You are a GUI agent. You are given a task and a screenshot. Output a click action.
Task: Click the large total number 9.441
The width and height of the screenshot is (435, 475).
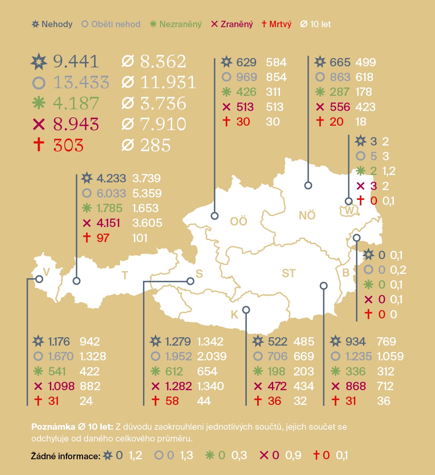pyautogui.click(x=76, y=61)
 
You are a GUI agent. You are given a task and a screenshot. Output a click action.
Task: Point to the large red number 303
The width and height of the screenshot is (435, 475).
pyautogui.click(x=68, y=145)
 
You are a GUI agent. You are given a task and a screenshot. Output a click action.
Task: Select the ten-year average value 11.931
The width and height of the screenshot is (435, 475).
pyautogui.click(x=168, y=82)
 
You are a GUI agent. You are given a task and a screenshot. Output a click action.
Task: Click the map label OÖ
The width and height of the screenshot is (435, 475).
pyautogui.click(x=238, y=221)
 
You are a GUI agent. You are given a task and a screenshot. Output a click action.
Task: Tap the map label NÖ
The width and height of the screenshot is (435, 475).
pyautogui.click(x=307, y=216)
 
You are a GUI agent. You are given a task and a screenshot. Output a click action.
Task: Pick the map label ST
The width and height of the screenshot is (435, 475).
pyautogui.click(x=289, y=274)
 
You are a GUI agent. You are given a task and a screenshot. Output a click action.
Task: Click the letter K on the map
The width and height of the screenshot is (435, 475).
pyautogui.click(x=234, y=314)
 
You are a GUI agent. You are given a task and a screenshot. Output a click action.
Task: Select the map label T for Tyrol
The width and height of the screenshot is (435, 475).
pyautogui.click(x=125, y=276)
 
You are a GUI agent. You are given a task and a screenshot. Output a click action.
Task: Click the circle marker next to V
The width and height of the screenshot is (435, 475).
pyautogui.click(x=39, y=279)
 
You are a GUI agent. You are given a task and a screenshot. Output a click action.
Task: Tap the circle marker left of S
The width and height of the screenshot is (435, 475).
pyautogui.click(x=190, y=281)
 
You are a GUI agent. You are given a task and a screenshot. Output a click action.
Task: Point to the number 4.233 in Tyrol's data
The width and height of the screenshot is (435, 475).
pyautogui.click(x=111, y=178)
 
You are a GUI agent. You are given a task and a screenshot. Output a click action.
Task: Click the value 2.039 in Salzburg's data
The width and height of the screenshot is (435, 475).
pyautogui.click(x=212, y=356)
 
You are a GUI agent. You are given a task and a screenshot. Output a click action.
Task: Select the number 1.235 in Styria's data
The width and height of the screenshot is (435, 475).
pyautogui.click(x=358, y=356)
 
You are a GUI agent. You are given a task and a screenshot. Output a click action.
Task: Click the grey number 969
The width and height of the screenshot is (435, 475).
pyautogui.click(x=246, y=77)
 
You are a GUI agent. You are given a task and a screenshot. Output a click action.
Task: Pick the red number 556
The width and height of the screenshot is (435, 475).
pyautogui.click(x=340, y=107)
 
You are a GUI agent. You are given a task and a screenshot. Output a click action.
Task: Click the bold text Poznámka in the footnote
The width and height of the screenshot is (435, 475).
pyautogui.click(x=53, y=427)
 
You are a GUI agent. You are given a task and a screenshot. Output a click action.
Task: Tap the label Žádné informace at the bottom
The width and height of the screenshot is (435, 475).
pyautogui.click(x=66, y=456)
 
